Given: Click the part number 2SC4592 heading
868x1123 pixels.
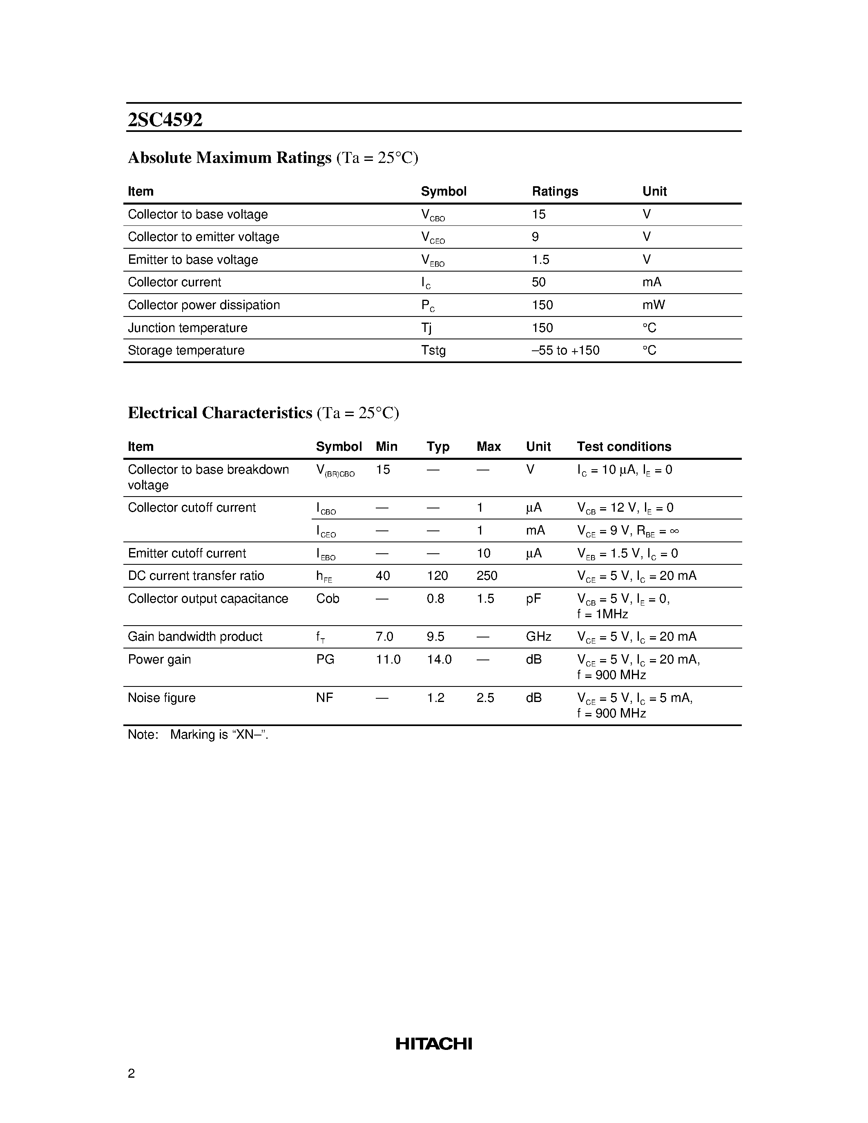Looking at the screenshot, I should click(165, 120).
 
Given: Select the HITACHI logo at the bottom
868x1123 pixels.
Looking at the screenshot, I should click(433, 1044).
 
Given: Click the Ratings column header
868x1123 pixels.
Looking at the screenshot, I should click(555, 191).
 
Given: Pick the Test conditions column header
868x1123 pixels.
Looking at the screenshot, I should click(624, 446).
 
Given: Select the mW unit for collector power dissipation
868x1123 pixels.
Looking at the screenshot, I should click(653, 305).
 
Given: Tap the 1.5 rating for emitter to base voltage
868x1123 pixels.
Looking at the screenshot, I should click(540, 260).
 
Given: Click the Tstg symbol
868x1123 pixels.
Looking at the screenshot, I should click(433, 351).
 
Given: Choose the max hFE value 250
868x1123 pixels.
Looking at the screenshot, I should click(486, 575).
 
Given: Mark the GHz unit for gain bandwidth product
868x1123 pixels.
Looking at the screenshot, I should click(538, 637).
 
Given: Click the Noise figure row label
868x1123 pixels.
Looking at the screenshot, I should click(161, 698).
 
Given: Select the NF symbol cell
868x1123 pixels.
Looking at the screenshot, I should click(324, 698).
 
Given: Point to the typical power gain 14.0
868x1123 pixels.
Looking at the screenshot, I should click(439, 659).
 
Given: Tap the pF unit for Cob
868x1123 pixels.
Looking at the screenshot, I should click(533, 599).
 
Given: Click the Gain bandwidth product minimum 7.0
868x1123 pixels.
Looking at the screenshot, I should click(384, 637).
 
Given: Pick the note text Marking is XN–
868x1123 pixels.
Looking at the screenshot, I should click(219, 734).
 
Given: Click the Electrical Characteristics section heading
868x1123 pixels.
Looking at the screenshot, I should click(220, 413).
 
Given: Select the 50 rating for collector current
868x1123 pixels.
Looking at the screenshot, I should click(538, 282).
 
